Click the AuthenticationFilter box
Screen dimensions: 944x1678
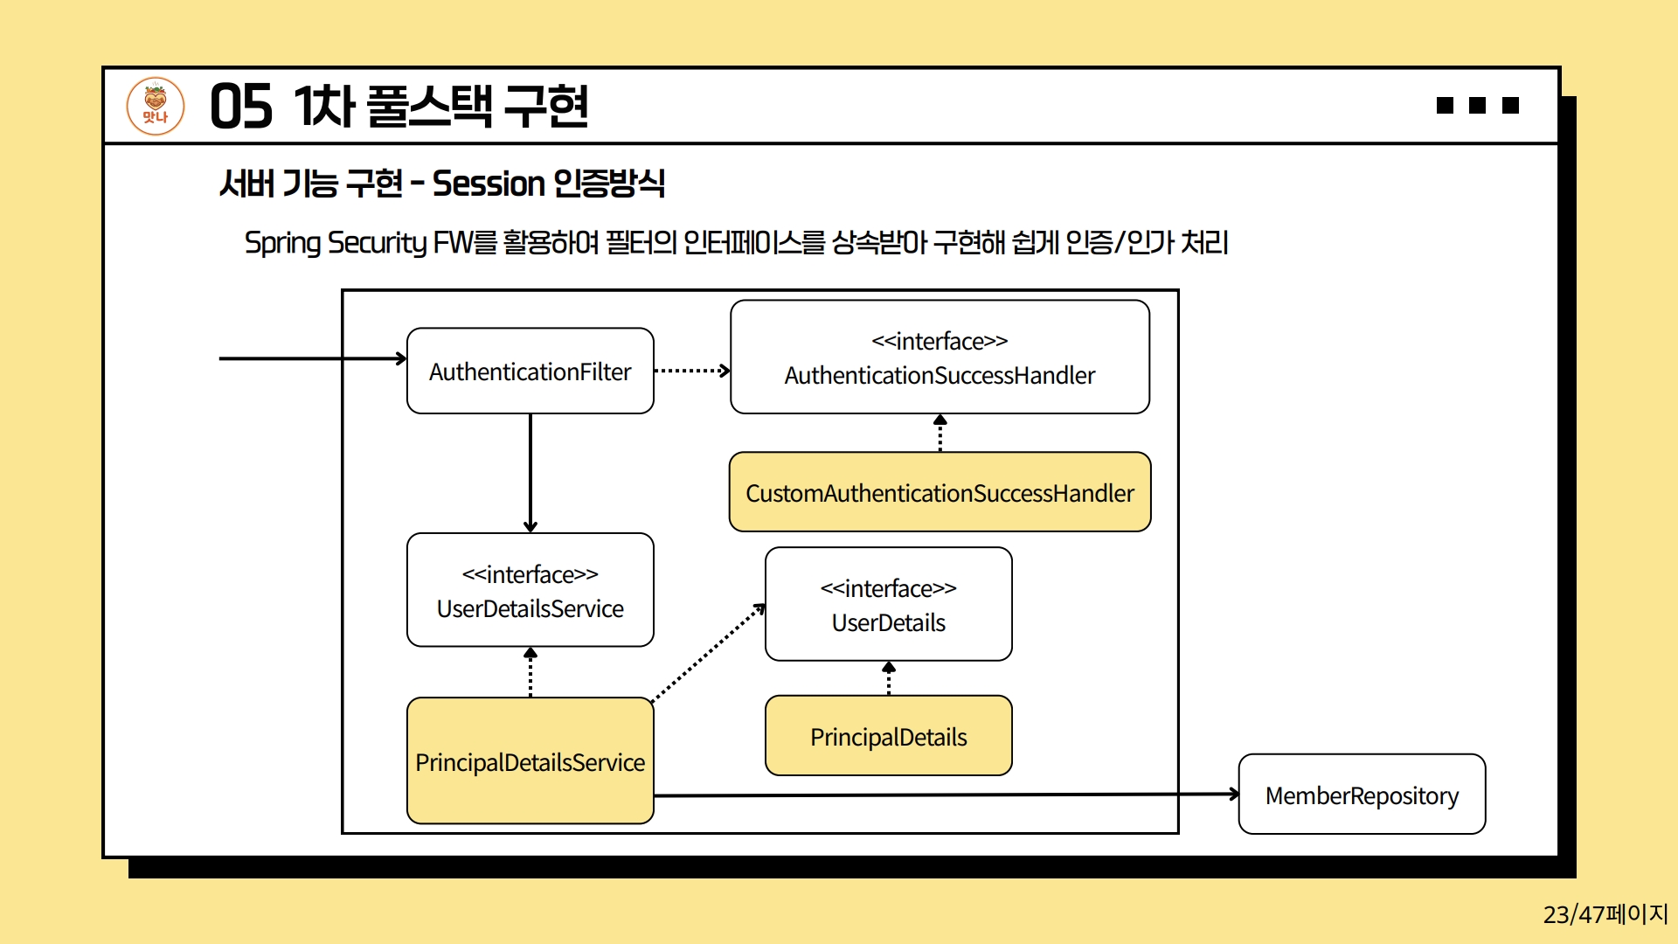click(x=530, y=371)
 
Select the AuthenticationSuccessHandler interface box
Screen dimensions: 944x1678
click(x=940, y=357)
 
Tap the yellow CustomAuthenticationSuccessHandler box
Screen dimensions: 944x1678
click(x=940, y=492)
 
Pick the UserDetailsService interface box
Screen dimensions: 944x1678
click(x=530, y=590)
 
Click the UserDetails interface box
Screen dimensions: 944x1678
click(x=888, y=604)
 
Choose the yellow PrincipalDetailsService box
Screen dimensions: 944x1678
click(x=530, y=760)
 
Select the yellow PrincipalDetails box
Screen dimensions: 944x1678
click(x=888, y=736)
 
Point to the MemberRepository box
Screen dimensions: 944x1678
click(x=1362, y=795)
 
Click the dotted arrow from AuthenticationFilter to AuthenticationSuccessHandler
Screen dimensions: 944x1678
click(x=691, y=371)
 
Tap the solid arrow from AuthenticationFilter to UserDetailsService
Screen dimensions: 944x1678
click(x=530, y=472)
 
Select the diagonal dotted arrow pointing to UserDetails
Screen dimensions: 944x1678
click(x=708, y=652)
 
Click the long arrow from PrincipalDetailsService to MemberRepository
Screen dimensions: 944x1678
click(x=944, y=795)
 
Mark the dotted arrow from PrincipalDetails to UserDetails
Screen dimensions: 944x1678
click(x=889, y=678)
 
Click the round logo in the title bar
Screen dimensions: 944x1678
click(x=156, y=106)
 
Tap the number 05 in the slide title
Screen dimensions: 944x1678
click(x=241, y=107)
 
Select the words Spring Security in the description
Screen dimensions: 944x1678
click(x=336, y=242)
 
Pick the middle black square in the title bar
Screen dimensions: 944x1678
click(x=1478, y=106)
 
